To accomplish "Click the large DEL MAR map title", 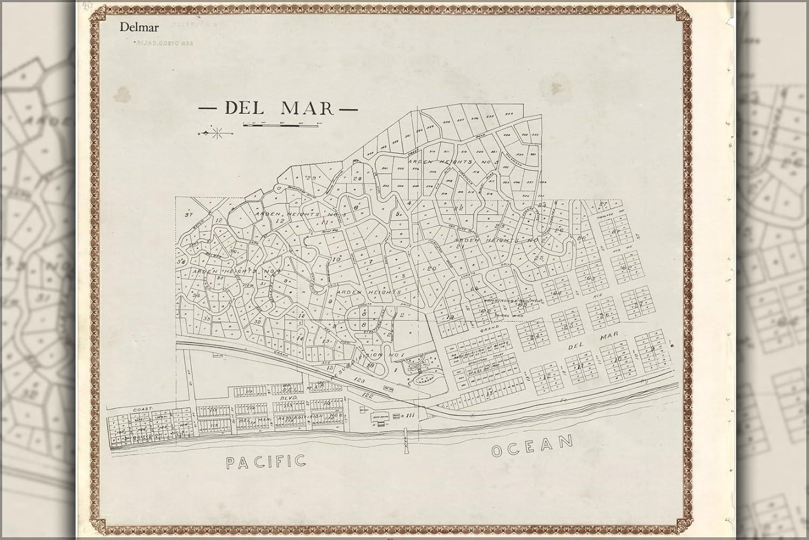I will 279,108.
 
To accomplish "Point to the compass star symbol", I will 217,132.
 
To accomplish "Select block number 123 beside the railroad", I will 360,381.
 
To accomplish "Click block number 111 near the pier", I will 410,414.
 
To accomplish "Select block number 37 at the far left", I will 189,215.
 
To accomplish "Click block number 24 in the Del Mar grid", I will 535,337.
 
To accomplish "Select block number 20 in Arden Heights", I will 431,268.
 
